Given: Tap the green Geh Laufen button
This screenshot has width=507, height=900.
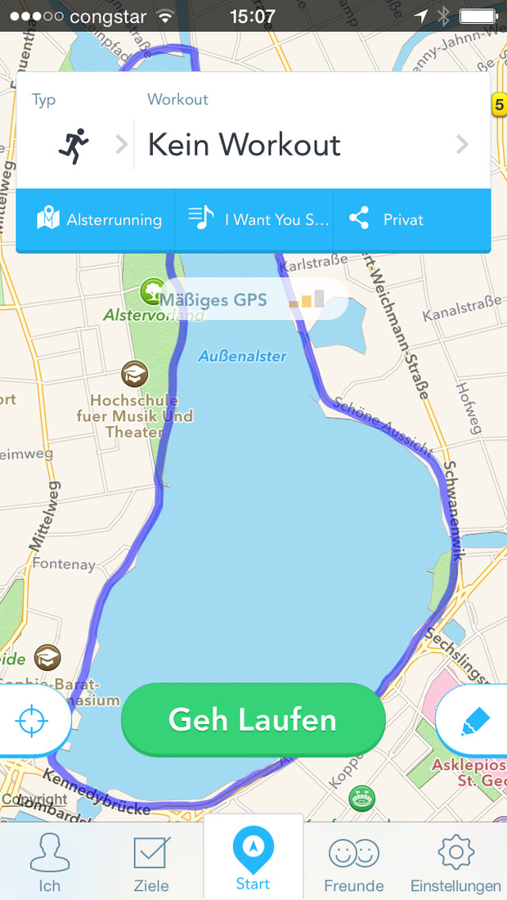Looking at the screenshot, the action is (253, 720).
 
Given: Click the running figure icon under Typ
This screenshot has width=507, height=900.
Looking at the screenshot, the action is (74, 146).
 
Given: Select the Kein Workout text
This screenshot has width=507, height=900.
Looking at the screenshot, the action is (244, 145).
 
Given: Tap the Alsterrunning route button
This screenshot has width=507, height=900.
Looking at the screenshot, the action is (99, 219).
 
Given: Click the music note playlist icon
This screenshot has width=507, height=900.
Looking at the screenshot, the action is (200, 218).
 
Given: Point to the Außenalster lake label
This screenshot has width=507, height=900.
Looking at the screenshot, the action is (242, 356).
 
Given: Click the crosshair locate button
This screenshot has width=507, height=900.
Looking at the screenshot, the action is (32, 720).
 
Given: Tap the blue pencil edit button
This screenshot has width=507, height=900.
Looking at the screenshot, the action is (475, 721).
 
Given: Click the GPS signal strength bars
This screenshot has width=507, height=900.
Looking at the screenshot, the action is (307, 299).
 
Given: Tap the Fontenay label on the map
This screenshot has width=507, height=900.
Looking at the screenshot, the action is (64, 564).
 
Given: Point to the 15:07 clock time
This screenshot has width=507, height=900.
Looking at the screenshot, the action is (253, 16).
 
